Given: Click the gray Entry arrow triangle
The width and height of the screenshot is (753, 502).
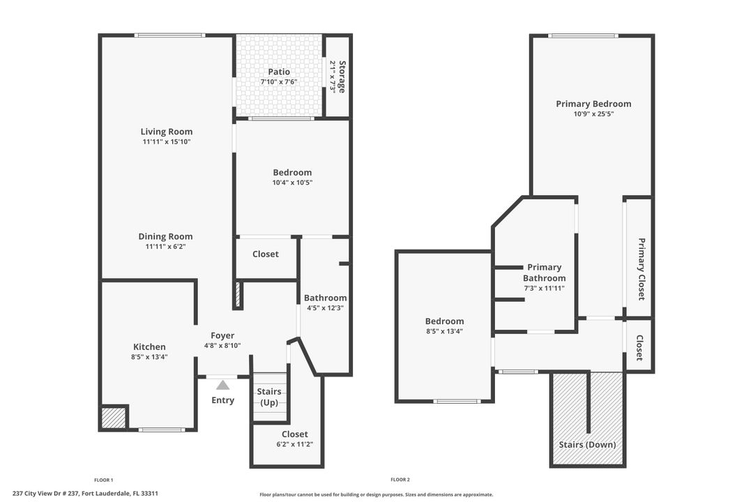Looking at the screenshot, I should click(222, 384).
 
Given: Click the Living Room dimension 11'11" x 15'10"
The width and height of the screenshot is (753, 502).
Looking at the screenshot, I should click(167, 142).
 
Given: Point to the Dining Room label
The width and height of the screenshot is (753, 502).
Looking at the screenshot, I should click(165, 236).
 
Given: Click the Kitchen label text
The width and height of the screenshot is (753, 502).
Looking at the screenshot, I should click(150, 347).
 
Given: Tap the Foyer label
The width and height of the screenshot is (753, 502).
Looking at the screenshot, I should click(223, 335).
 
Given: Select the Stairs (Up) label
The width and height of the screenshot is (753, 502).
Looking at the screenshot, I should click(269, 397).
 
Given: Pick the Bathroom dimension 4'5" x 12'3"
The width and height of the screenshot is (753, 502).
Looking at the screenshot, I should click(324, 307).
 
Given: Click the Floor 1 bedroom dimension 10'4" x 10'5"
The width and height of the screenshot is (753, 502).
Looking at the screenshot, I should click(292, 183).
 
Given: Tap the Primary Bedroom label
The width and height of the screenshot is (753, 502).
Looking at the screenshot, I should click(593, 104).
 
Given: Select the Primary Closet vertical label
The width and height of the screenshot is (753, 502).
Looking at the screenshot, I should click(641, 269).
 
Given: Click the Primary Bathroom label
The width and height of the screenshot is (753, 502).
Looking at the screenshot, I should click(544, 273).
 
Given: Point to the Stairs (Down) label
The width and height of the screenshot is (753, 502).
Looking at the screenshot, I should click(587, 444).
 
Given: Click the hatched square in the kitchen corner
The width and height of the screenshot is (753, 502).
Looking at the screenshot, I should click(114, 418).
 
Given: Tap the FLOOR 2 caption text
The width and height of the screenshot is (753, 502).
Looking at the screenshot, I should click(400, 480).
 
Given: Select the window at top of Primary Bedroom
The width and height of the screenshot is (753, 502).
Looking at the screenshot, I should click(583, 36).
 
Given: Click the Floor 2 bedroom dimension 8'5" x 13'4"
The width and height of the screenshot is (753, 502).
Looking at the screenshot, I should click(444, 331).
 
